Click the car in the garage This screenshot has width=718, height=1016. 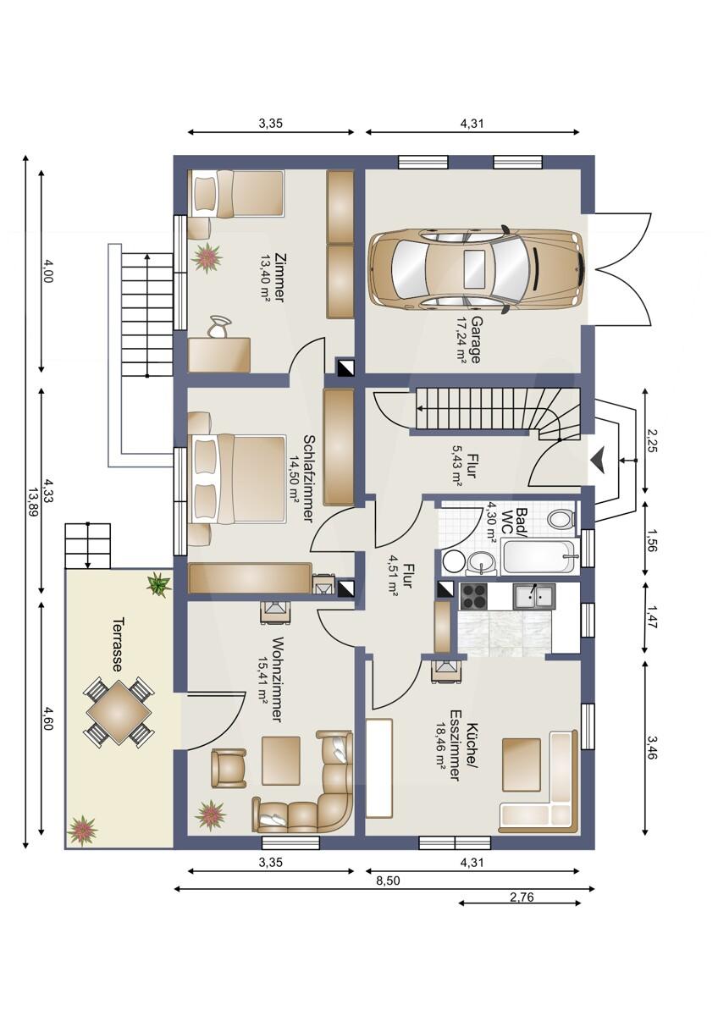475,268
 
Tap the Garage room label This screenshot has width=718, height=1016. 475,340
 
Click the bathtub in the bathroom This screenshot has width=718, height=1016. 538,557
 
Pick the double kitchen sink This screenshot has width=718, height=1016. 534,595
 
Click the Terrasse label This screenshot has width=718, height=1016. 117,644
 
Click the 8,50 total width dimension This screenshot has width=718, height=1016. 388,881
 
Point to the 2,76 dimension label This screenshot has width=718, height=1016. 522,897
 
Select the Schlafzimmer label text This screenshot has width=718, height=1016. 308,479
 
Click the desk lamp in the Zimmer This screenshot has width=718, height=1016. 220,328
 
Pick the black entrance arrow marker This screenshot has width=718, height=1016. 599,461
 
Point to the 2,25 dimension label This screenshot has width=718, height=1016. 652,441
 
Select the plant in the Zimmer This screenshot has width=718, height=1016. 207,257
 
